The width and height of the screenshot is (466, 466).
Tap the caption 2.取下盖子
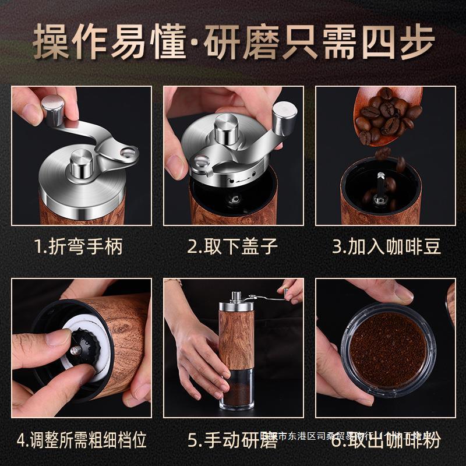click(232, 246)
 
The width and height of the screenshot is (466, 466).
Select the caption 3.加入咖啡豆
click(386, 246)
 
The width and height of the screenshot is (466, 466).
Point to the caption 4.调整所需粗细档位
click(81, 439)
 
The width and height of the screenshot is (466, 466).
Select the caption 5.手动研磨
click(232, 439)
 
